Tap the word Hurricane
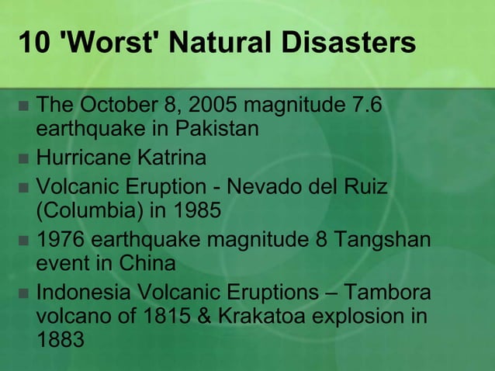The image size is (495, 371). pos(85,159)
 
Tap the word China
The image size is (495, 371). pos(147,263)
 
